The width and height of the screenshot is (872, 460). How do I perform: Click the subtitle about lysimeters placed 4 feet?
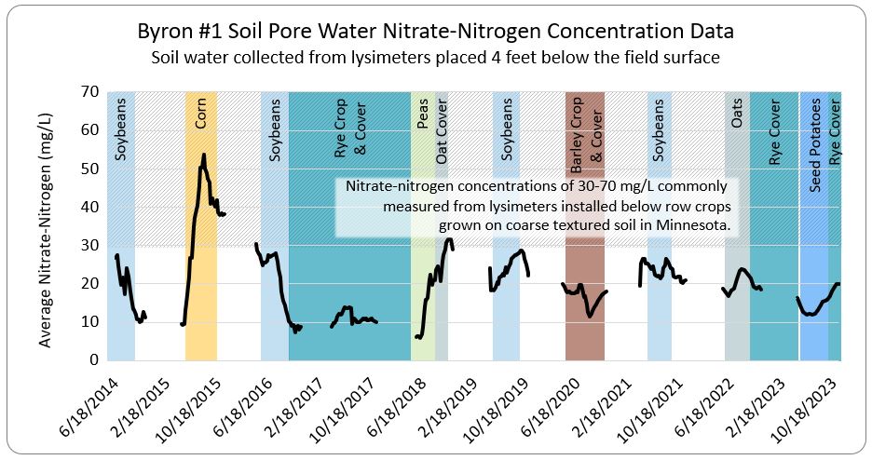(436, 58)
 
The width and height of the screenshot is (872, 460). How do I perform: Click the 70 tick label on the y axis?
(89, 92)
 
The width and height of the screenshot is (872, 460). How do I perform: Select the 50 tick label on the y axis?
(89, 169)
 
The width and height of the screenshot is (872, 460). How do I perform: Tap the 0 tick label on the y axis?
(93, 359)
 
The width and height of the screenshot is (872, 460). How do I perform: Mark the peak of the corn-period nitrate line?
(203, 155)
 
